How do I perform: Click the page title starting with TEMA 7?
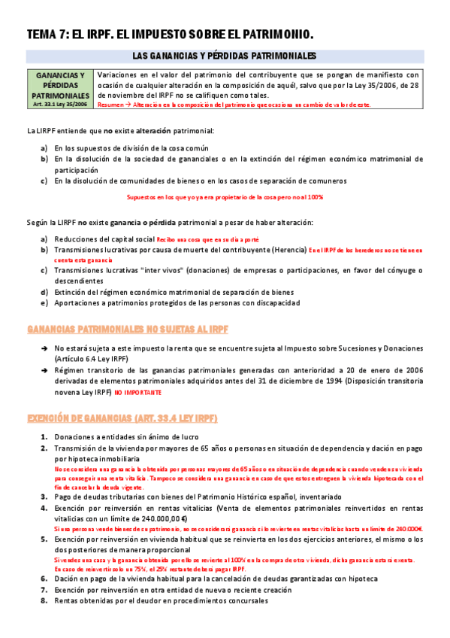(x=169, y=34)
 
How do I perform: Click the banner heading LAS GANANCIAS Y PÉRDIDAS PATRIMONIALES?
(x=224, y=56)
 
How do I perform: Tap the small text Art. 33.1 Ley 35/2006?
(x=60, y=105)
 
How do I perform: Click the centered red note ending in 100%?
(x=225, y=197)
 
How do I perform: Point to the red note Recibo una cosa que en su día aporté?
(x=197, y=238)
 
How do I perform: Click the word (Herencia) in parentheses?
(x=288, y=249)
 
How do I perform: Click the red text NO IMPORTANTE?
(x=137, y=393)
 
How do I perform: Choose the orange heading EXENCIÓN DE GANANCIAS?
(x=122, y=417)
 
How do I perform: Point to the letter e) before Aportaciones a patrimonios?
(x=44, y=302)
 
